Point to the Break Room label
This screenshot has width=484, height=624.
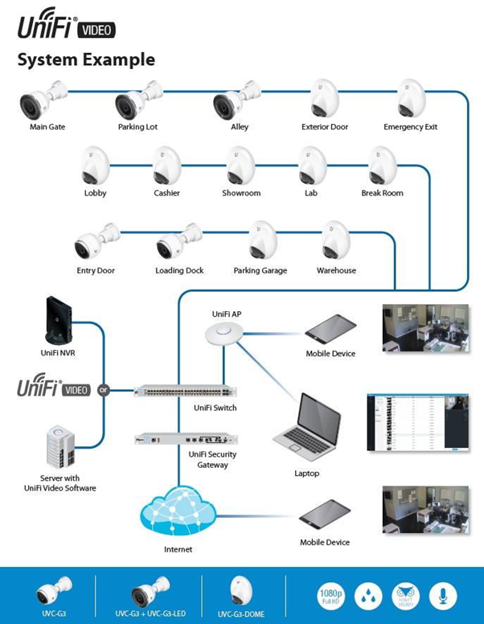pyautogui.click(x=382, y=194)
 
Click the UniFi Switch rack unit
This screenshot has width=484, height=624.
pyautogui.click(x=185, y=392)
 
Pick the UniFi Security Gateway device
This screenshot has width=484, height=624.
pyautogui.click(x=186, y=439)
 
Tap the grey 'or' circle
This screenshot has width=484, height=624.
pyautogui.click(x=103, y=390)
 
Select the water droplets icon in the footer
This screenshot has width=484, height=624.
pyautogui.click(x=369, y=596)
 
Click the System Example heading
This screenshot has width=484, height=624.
pyautogui.click(x=86, y=60)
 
